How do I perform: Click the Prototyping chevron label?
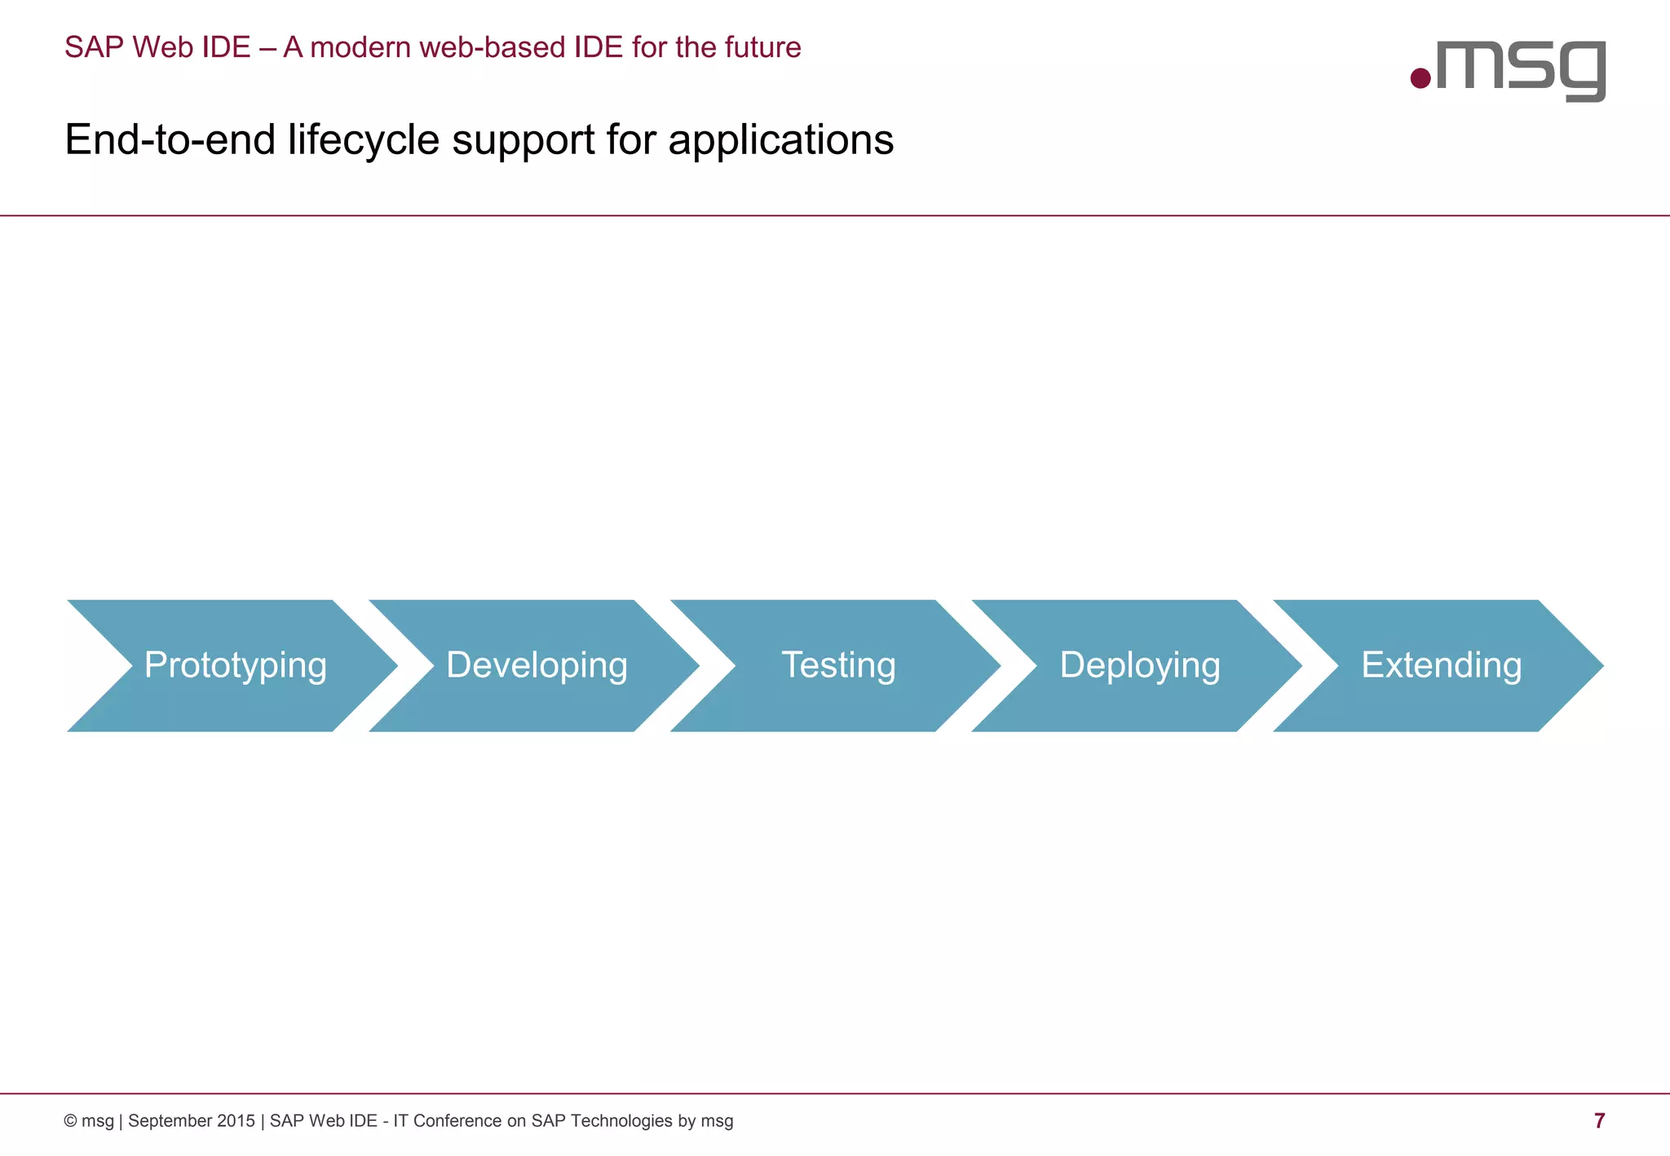point(235,665)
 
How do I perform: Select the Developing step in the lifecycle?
point(537,665)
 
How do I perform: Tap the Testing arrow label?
point(838,665)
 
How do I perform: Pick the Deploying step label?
point(1140,665)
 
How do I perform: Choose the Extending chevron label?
point(1442,665)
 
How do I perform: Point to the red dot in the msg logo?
point(1420,78)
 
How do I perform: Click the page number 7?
point(1599,1121)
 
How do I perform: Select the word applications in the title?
point(781,140)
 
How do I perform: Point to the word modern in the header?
point(360,47)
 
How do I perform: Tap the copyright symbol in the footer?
point(70,1122)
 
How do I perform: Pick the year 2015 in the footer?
point(236,1122)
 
